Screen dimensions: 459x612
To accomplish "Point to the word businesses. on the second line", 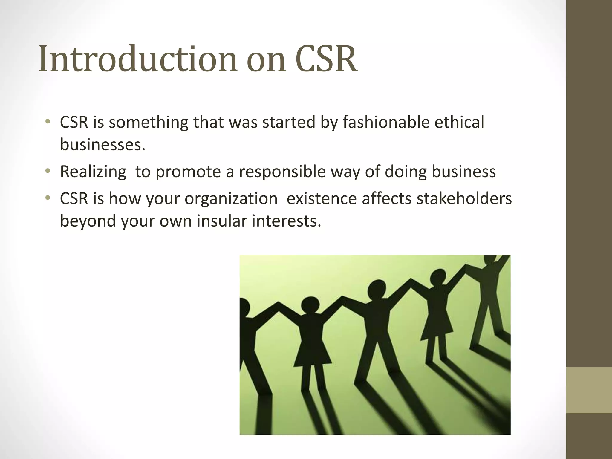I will click(x=102, y=145).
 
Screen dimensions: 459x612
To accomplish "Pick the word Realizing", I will click(x=93, y=172).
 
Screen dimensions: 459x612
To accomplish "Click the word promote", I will click(x=191, y=172).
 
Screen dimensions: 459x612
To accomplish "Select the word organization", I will click(x=231, y=198).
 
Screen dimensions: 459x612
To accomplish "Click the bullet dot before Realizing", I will click(x=47, y=171).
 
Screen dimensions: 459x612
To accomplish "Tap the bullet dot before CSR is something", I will click(x=47, y=122).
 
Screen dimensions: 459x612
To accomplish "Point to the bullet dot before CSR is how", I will click(x=47, y=198).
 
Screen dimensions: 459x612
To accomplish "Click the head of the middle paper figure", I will click(x=377, y=289).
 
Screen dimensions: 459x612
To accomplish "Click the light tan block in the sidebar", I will click(x=589, y=390).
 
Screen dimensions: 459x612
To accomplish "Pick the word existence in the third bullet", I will click(x=322, y=198).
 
